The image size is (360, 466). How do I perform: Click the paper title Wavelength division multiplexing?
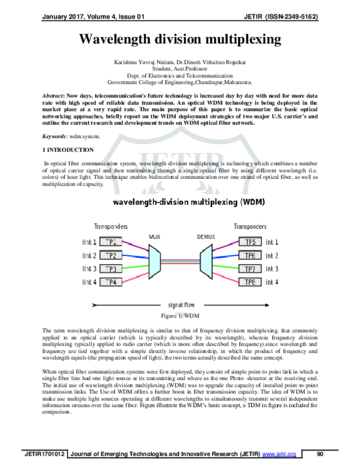click(180, 40)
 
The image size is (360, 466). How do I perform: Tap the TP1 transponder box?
click(112, 241)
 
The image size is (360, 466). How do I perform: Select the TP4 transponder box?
click(112, 282)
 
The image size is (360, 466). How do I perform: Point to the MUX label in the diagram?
click(154, 237)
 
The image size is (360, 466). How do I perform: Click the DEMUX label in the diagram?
click(205, 237)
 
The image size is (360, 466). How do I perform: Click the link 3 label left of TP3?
click(88, 268)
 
